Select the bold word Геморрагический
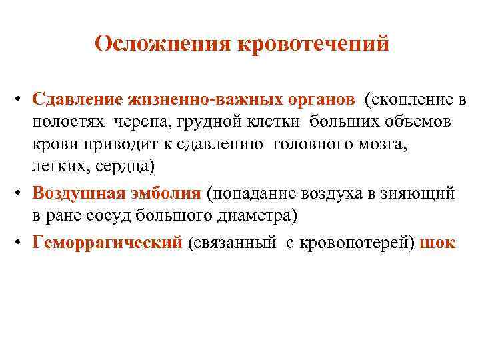pos(107,242)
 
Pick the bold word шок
pos(439,242)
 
